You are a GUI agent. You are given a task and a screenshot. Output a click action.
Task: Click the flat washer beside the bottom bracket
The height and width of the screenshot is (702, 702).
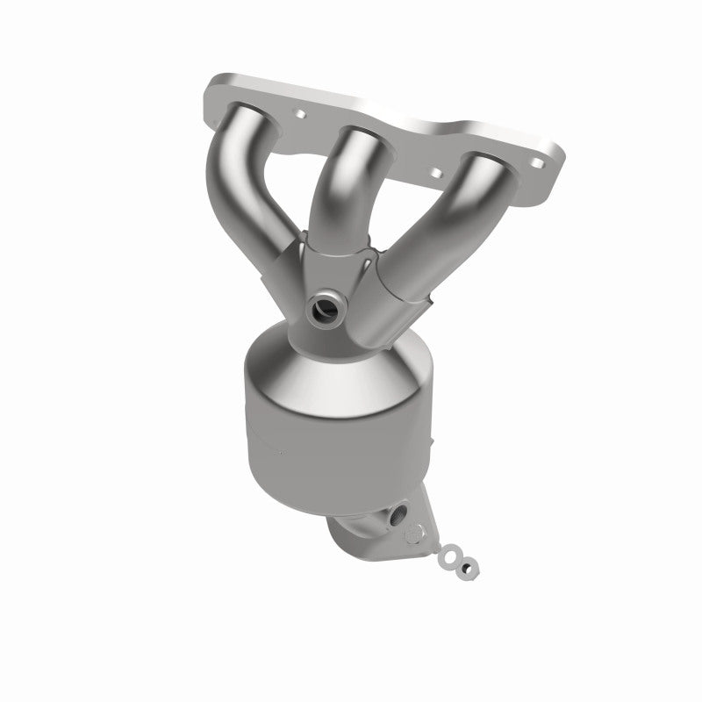tap(451, 555)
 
